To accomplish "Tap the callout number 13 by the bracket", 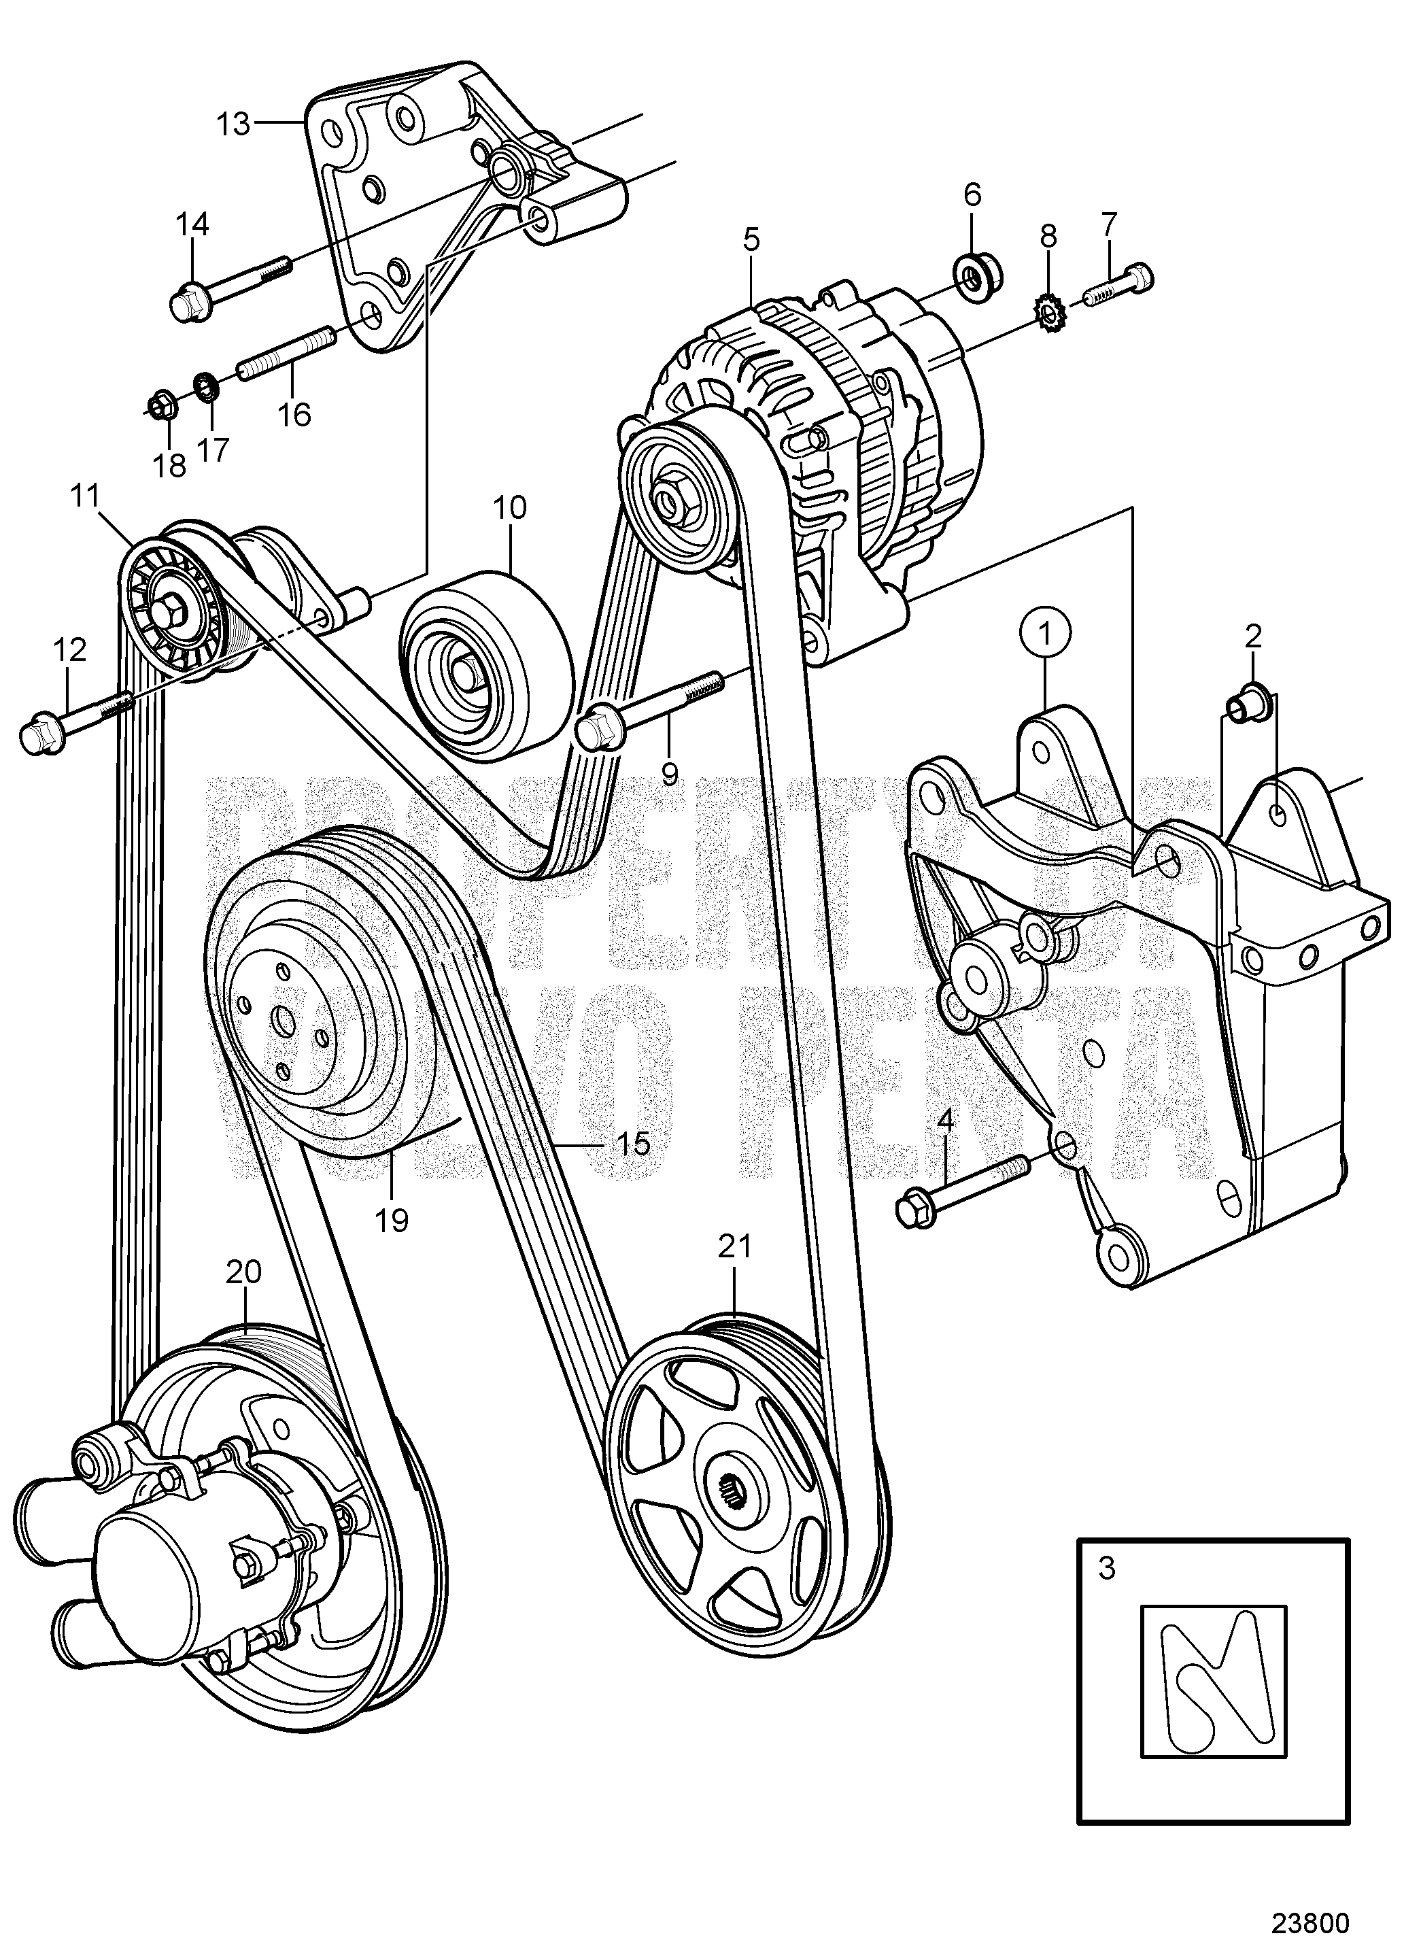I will tap(233, 124).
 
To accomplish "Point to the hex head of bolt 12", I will tap(37, 735).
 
